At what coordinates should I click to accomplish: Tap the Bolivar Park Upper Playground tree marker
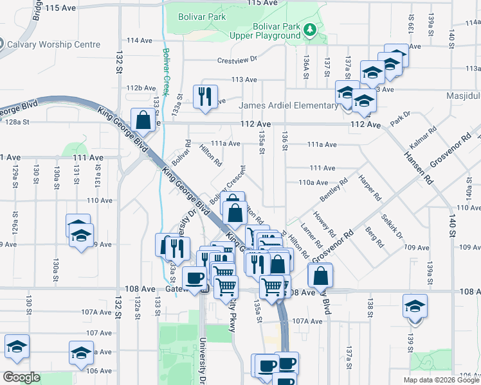tap(309, 30)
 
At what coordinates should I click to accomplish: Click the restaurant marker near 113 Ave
tap(206, 96)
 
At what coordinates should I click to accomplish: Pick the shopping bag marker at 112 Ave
tap(143, 119)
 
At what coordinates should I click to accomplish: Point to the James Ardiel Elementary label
tap(288, 106)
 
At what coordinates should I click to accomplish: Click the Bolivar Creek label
tap(166, 70)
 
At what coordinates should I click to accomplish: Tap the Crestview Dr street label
tap(237, 59)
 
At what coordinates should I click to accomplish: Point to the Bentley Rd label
tap(333, 189)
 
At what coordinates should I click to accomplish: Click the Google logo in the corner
tap(21, 377)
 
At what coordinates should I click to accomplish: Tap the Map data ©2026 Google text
tap(441, 380)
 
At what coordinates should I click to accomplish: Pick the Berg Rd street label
tap(374, 236)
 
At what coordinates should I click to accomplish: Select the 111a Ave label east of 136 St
tap(322, 145)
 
